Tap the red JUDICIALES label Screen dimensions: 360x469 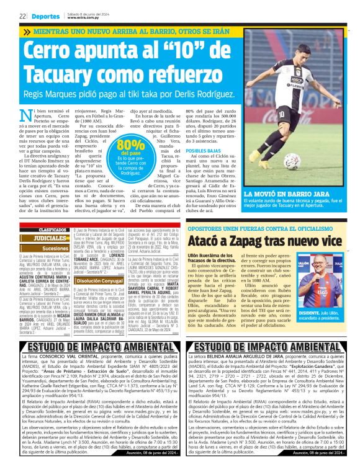[50, 238]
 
